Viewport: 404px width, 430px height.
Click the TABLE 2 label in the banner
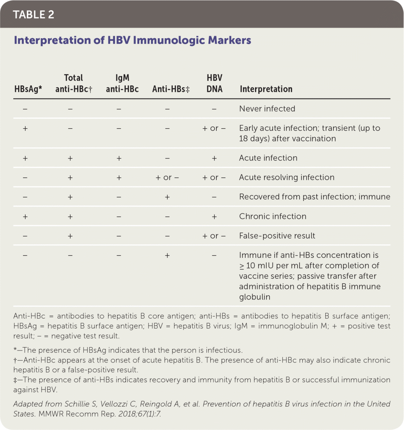pyautogui.click(x=34, y=14)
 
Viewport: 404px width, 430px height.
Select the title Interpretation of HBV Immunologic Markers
pyautogui.click(x=132, y=40)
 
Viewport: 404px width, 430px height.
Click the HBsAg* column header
pyautogui.click(x=26, y=89)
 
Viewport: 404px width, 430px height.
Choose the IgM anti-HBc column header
pyautogui.click(x=119, y=84)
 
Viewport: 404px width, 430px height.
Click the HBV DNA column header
pyautogui.click(x=214, y=84)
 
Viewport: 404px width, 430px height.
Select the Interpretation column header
pyautogui.click(x=266, y=89)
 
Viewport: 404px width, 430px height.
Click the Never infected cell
pyautogui.click(x=267, y=109)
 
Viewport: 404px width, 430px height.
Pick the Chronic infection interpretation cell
pyautogui.click(x=272, y=216)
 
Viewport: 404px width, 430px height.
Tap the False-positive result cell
pyautogui.click(x=277, y=236)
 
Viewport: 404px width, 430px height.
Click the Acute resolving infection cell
pyautogui.click(x=287, y=177)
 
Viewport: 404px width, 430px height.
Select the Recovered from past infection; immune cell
pyautogui.click(x=308, y=197)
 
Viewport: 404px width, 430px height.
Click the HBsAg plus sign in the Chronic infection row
pyautogui.click(x=25, y=216)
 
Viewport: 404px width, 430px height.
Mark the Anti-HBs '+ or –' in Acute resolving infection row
pyautogui.click(x=167, y=177)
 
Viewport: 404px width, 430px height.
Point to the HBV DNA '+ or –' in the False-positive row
pyautogui.click(x=214, y=236)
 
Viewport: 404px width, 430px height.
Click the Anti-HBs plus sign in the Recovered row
pyautogui.click(x=167, y=197)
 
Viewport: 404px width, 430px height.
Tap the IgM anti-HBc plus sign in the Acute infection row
pyautogui.click(x=119, y=158)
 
